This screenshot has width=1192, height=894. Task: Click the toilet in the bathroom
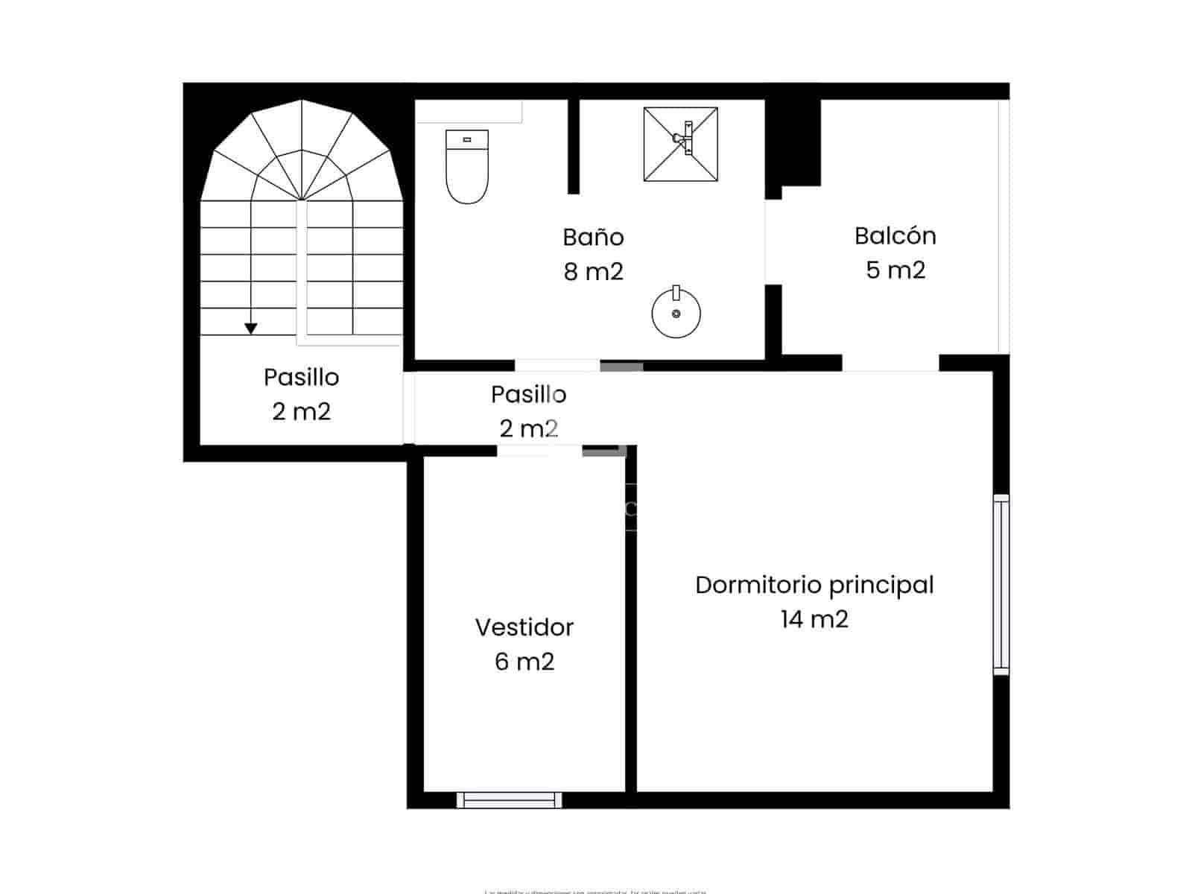point(467,168)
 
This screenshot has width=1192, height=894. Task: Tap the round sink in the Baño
point(676,313)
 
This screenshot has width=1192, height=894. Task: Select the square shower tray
point(681,144)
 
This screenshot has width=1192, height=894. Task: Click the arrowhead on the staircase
point(251,329)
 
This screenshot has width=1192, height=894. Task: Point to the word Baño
point(593,238)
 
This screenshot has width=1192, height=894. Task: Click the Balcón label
point(895,236)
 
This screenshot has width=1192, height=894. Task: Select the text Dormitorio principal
point(814,585)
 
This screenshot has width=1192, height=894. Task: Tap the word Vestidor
point(524,627)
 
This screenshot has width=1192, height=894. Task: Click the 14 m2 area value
point(814,619)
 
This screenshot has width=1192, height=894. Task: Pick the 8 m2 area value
point(593,272)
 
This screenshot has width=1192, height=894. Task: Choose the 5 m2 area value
point(895,270)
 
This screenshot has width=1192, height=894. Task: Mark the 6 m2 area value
point(524,662)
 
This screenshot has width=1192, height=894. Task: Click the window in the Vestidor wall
point(510,800)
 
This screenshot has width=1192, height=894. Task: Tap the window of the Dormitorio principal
point(1001,585)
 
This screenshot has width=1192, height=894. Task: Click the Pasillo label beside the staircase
point(301,378)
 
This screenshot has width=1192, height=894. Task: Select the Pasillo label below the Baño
point(528,394)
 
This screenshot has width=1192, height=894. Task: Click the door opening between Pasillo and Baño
point(557,365)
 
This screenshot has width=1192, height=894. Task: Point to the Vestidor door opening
point(539,450)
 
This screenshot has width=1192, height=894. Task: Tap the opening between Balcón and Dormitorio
point(890,364)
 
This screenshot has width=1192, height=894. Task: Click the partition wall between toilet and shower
point(574,146)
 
